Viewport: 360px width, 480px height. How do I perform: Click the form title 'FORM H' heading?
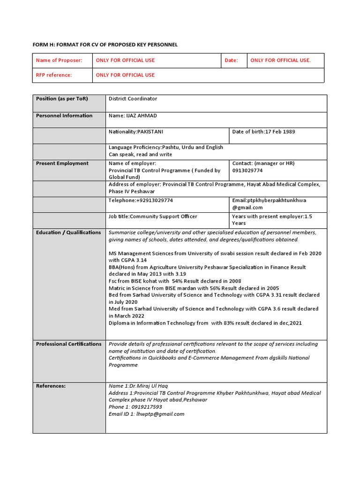tap(105, 45)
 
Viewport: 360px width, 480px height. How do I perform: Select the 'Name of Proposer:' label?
tap(59, 60)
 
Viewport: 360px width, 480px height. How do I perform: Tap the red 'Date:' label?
tap(231, 60)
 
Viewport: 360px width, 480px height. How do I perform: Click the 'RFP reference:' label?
tap(54, 75)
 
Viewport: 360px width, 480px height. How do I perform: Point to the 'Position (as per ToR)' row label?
tap(62, 99)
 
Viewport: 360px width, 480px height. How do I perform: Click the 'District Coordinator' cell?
tap(133, 99)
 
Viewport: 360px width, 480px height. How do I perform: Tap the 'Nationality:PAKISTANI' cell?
tap(136, 132)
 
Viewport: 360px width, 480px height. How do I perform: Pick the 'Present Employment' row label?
tap(62, 164)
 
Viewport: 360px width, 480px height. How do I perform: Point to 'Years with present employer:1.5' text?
tap(272, 217)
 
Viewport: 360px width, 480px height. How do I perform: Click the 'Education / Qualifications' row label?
tap(68, 232)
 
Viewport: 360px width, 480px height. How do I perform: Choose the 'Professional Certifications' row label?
tap(68, 344)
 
